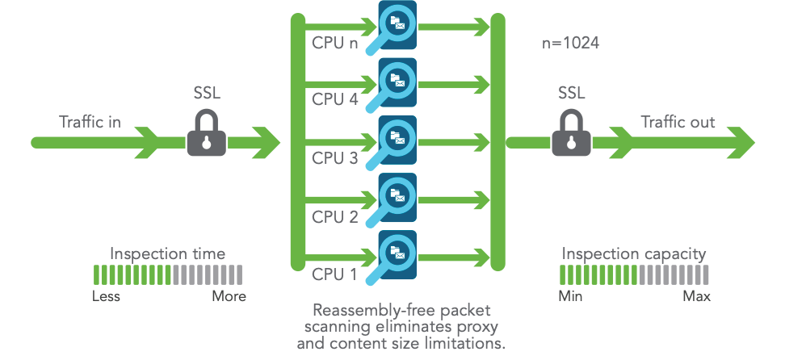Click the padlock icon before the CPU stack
click(x=208, y=133)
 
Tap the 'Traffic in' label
click(x=90, y=122)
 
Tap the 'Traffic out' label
click(x=678, y=122)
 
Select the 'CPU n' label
click(x=335, y=43)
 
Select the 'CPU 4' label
click(x=335, y=101)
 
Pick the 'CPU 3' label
click(x=335, y=158)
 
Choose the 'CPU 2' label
click(x=335, y=216)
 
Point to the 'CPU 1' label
click(x=335, y=274)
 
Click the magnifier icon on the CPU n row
click(x=395, y=26)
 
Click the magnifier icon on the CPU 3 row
click(x=395, y=141)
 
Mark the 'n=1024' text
click(x=570, y=43)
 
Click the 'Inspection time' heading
click(x=167, y=253)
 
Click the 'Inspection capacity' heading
click(x=634, y=253)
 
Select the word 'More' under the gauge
click(x=229, y=296)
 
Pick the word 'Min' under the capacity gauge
click(x=571, y=296)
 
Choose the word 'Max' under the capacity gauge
click(x=696, y=296)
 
